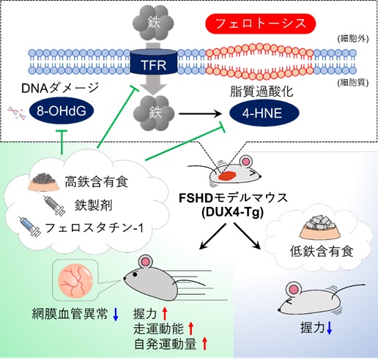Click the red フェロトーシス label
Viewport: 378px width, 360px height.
point(261,23)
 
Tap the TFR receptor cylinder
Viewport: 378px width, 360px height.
point(154,61)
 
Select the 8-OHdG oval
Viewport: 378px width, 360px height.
point(62,111)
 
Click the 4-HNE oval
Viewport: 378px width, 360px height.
point(264,113)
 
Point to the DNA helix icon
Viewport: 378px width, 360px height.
point(17,113)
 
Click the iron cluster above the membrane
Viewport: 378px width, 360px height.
point(154,23)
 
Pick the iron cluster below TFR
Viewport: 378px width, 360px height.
point(154,113)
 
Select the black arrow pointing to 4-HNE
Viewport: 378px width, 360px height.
point(201,113)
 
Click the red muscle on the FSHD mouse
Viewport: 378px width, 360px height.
point(228,176)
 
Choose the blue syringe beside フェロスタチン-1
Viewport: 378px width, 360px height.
point(30,226)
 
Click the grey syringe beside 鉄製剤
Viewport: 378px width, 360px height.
point(54,206)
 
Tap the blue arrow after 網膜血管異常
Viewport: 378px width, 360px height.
point(116,314)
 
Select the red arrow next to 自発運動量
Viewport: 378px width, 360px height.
point(204,343)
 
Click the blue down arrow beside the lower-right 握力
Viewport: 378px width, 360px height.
point(329,328)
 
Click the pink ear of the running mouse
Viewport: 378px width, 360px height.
point(147,262)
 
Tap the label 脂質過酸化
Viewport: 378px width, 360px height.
point(262,92)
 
